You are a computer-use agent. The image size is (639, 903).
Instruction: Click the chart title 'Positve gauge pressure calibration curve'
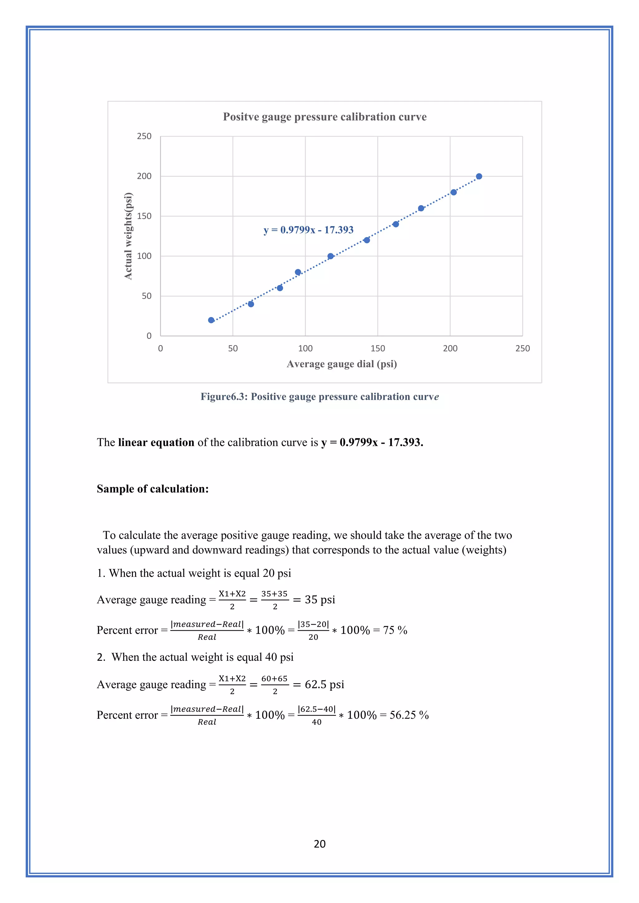click(324, 117)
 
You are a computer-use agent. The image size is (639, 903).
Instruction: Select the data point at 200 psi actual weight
click(479, 176)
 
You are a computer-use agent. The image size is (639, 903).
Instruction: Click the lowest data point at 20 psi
click(211, 320)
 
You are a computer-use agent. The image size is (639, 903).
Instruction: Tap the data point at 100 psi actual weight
click(330, 256)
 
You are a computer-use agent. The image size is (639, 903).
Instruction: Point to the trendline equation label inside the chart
click(309, 230)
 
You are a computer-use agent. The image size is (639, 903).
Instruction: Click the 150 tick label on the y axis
click(144, 216)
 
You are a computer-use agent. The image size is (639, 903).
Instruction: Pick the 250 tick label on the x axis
click(523, 349)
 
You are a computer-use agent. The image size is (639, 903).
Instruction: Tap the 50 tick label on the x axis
click(233, 349)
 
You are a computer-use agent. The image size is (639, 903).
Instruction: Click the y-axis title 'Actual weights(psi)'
click(128, 236)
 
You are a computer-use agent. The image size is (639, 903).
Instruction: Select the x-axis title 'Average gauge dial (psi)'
click(342, 364)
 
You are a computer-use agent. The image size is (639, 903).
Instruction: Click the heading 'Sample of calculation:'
click(153, 489)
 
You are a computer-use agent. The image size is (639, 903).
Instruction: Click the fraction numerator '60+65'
click(275, 678)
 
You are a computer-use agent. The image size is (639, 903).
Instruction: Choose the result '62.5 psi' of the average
click(324, 685)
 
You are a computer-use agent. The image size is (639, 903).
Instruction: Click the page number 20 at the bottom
click(319, 844)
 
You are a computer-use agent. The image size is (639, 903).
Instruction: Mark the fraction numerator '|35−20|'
click(313, 624)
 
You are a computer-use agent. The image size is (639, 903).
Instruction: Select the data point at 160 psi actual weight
click(421, 209)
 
